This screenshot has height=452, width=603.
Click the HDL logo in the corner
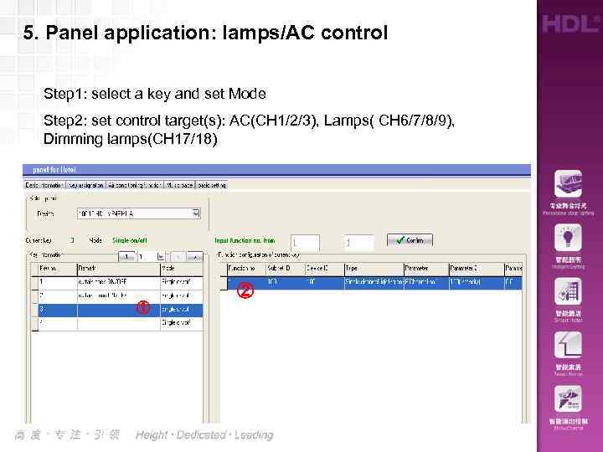click(x=569, y=23)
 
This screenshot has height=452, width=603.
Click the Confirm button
click(x=410, y=239)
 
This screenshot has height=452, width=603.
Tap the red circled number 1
click(x=143, y=307)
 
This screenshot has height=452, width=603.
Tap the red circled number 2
click(x=245, y=291)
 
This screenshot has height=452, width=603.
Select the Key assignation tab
click(x=86, y=185)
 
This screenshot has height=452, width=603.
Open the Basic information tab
click(x=44, y=185)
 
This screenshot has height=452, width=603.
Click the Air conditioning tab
click(x=134, y=185)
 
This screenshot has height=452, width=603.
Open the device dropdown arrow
click(x=196, y=213)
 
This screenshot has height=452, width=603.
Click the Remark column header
click(x=89, y=269)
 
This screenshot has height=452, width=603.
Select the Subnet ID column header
click(x=279, y=269)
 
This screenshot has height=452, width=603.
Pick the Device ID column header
click(x=318, y=269)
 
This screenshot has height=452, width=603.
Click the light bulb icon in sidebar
click(x=567, y=238)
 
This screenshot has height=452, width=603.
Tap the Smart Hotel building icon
click(x=567, y=291)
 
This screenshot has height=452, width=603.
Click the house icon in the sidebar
click(x=567, y=344)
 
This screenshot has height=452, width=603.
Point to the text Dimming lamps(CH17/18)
click(x=130, y=138)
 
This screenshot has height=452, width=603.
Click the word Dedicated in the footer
click(x=201, y=434)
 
